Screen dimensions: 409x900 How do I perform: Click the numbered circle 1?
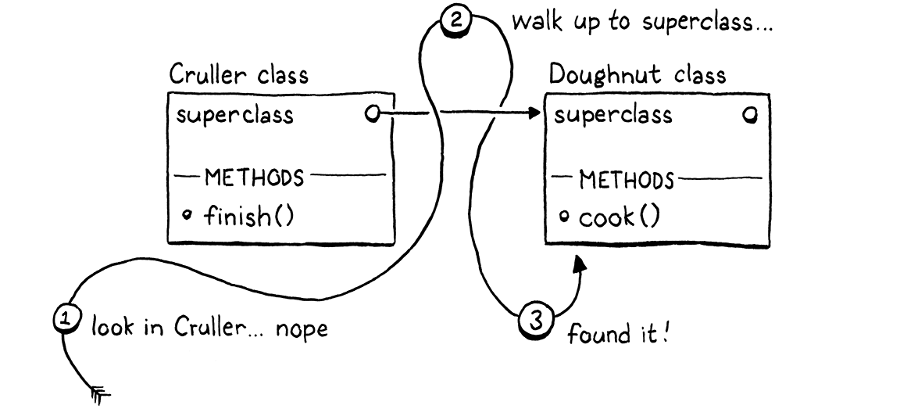tap(66, 318)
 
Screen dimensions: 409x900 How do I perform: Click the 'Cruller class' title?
tap(239, 75)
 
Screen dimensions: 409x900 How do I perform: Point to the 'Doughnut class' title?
tap(637, 74)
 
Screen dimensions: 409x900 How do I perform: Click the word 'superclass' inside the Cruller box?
tap(234, 116)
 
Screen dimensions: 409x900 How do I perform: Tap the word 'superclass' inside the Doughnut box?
tap(613, 116)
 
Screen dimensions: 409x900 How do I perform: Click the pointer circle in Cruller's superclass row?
tap(373, 115)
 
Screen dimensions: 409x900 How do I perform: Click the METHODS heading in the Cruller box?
tap(254, 177)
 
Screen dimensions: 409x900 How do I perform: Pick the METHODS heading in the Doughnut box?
tap(626, 181)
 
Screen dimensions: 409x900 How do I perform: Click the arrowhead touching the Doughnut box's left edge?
tap(534, 115)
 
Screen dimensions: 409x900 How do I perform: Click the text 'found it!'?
tap(619, 335)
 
